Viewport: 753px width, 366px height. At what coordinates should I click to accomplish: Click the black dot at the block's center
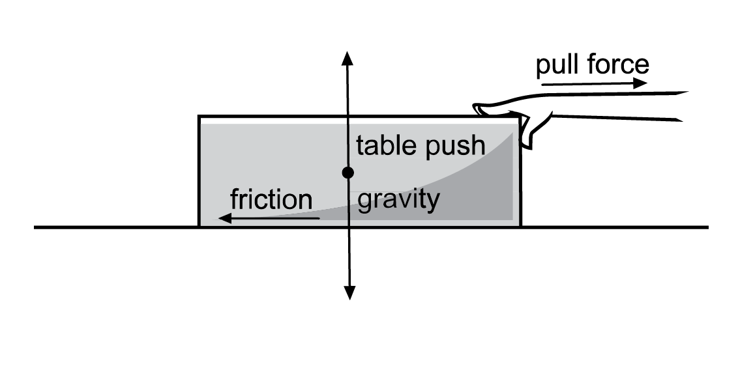click(x=347, y=173)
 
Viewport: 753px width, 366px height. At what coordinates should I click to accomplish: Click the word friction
click(x=271, y=199)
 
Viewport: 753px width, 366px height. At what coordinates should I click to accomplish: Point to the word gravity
click(x=398, y=199)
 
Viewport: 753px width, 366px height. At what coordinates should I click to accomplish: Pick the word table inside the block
click(x=385, y=145)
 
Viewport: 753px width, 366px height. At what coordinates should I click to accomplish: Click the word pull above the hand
click(x=557, y=64)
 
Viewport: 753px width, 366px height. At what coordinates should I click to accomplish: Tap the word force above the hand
click(x=617, y=64)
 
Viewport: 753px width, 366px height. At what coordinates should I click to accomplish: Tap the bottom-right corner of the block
click(x=520, y=226)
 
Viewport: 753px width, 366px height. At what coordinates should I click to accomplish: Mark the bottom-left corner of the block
click(x=199, y=226)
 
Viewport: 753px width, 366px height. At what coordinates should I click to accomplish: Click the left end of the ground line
click(x=36, y=227)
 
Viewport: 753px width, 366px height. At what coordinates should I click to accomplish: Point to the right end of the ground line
click(x=707, y=227)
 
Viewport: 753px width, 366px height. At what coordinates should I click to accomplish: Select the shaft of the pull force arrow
click(x=587, y=84)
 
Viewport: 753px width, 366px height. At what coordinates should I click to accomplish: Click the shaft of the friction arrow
click(x=274, y=218)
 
